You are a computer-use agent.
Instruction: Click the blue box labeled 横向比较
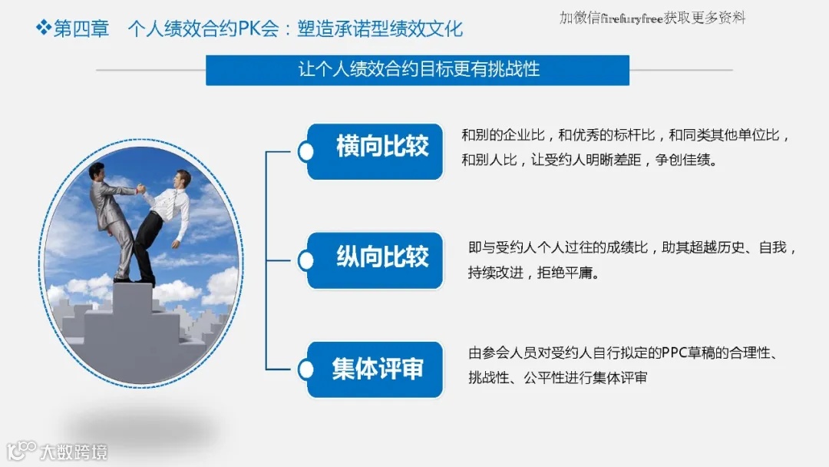click(x=376, y=151)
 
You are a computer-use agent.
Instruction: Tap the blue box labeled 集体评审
click(x=376, y=369)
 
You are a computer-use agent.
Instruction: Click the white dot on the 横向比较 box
click(x=306, y=151)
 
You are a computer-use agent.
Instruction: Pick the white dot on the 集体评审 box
click(x=306, y=370)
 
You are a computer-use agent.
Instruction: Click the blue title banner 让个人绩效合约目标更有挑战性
click(x=418, y=70)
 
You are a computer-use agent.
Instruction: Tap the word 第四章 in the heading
click(x=81, y=29)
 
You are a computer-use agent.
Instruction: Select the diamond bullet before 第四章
click(x=43, y=29)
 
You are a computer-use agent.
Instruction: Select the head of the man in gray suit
click(x=97, y=171)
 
